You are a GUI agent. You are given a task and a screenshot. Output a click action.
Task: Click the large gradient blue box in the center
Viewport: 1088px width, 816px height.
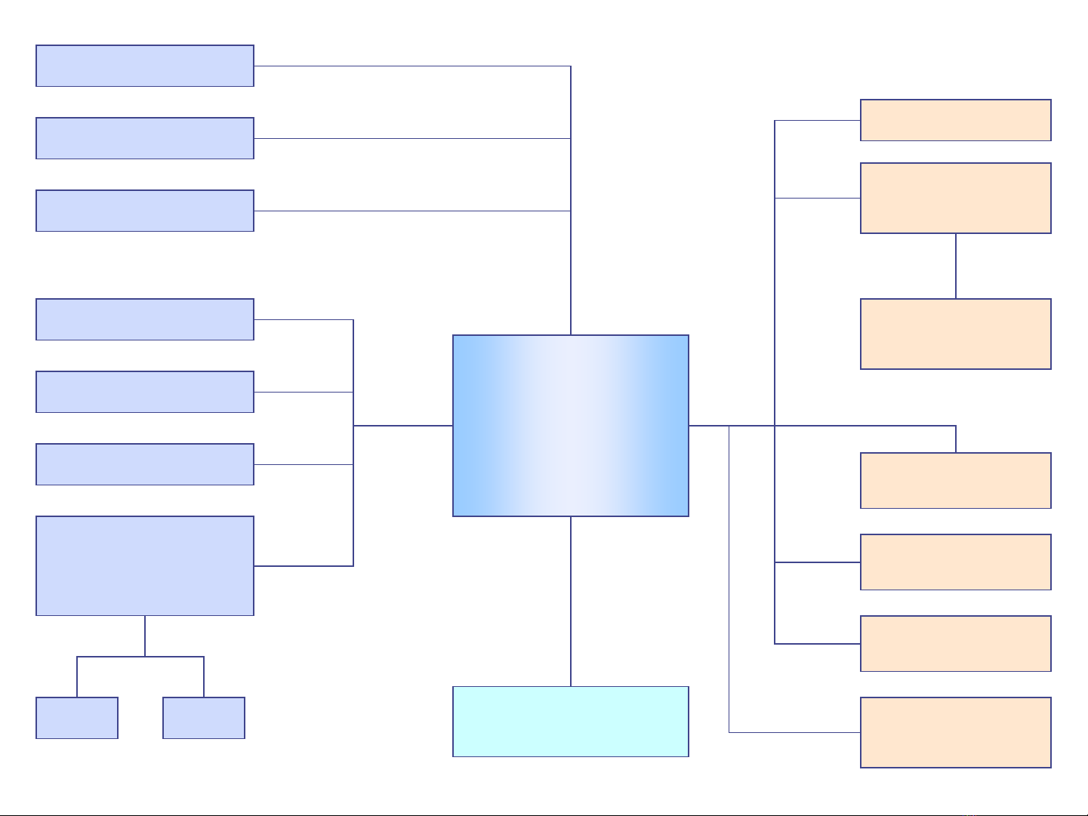pyautogui.click(x=570, y=425)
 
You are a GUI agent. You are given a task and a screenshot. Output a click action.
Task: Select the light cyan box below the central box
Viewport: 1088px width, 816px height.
pyautogui.click(x=570, y=721)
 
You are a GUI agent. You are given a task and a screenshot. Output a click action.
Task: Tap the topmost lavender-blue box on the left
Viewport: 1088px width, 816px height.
pyautogui.click(x=144, y=66)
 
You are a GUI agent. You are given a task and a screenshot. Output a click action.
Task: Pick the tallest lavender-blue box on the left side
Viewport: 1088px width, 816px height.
pyautogui.click(x=144, y=565)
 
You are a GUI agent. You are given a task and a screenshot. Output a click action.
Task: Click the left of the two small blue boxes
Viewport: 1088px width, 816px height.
pyautogui.click(x=77, y=717)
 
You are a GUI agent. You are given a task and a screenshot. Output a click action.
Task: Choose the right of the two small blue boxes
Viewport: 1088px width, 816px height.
pyautogui.click(x=204, y=717)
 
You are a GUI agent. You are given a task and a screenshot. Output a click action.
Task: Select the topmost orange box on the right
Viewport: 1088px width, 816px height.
pyautogui.click(x=955, y=120)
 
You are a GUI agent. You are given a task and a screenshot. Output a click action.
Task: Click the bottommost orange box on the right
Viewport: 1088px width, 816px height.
pyautogui.click(x=955, y=732)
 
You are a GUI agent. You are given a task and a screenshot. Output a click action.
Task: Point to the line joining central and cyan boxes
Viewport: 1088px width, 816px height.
pyautogui.click(x=571, y=601)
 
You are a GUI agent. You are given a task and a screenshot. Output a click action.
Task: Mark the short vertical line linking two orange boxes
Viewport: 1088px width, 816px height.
pyautogui.click(x=956, y=266)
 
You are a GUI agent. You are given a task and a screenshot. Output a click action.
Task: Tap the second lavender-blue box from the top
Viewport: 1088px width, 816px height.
pyautogui.click(x=144, y=138)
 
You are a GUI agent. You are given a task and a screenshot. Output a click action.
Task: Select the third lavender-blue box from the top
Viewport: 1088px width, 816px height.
pyautogui.click(x=144, y=211)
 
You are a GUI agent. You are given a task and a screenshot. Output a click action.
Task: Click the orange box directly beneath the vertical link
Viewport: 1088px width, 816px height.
pyautogui.click(x=955, y=334)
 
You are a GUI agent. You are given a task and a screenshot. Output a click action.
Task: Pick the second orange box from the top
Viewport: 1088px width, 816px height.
pyautogui.click(x=955, y=198)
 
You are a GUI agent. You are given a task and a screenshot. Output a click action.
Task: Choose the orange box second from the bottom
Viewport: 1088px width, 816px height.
pyautogui.click(x=955, y=643)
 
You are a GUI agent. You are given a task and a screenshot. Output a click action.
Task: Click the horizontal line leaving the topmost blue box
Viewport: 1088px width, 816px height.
pyautogui.click(x=411, y=66)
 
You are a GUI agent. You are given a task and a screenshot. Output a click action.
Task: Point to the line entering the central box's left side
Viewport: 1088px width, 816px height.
pyautogui.click(x=402, y=426)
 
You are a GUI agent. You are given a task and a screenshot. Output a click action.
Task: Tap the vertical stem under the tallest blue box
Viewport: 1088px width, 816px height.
pyautogui.click(x=145, y=636)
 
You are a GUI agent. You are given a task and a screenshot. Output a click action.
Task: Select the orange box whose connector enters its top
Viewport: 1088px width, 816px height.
pyautogui.click(x=955, y=480)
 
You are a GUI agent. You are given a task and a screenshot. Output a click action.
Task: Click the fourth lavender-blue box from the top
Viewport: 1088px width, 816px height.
pyautogui.click(x=144, y=319)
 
